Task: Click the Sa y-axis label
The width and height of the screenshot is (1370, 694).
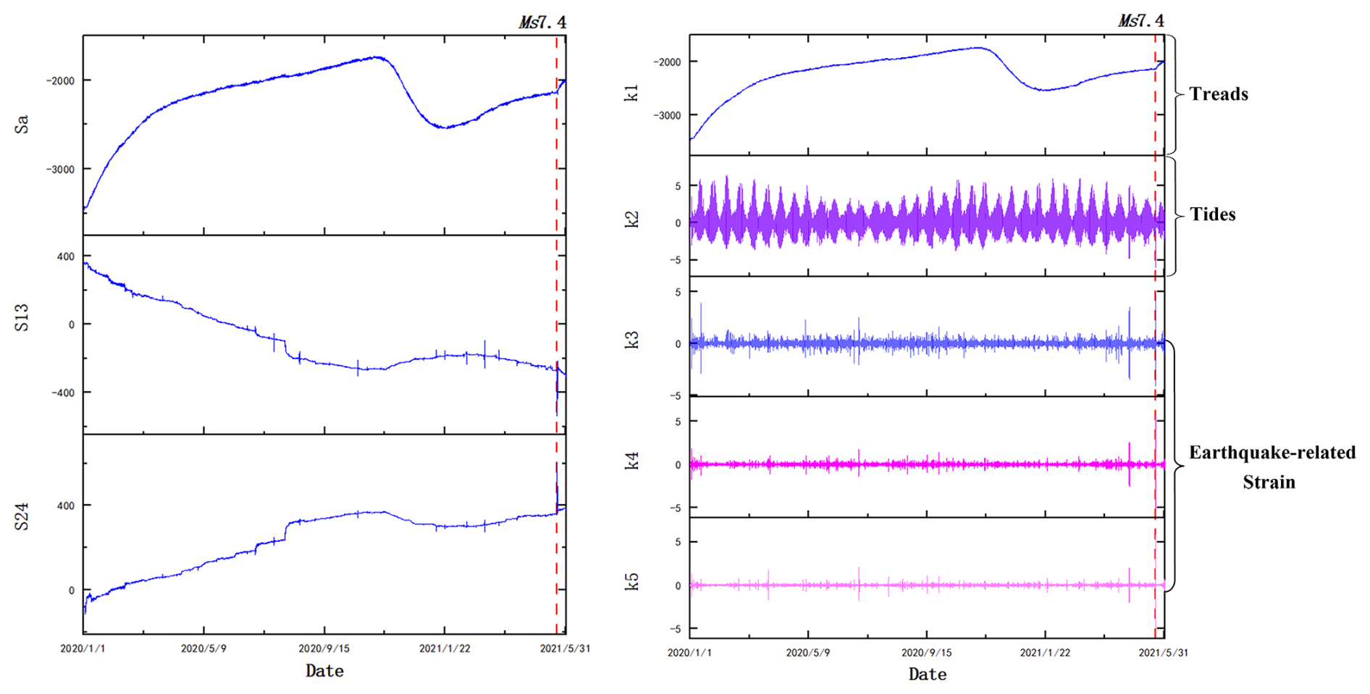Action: [x=22, y=125]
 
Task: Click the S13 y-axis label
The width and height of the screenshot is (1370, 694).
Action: [x=22, y=318]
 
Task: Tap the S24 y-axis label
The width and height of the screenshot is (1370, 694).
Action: [x=22, y=517]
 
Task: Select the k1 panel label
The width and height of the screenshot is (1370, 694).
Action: [x=631, y=92]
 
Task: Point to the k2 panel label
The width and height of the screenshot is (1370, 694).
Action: [x=631, y=219]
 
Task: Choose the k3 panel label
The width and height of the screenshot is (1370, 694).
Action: [x=631, y=340]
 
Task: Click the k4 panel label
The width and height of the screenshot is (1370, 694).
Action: [x=631, y=461]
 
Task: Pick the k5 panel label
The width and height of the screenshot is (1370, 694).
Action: [x=631, y=581]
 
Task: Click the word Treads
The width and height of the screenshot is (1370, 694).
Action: [x=1219, y=94]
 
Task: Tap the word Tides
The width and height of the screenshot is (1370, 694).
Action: [x=1212, y=214]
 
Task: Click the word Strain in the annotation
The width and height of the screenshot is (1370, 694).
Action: [x=1269, y=482]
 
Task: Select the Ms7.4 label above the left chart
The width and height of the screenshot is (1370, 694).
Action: [x=542, y=22]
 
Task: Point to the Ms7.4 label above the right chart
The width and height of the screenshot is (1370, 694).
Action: [x=1141, y=21]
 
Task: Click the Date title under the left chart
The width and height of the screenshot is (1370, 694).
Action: [x=324, y=671]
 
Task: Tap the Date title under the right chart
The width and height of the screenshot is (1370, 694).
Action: [x=928, y=674]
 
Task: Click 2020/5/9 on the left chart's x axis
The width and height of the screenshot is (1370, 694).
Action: [x=203, y=648]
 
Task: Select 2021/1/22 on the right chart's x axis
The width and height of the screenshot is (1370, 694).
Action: [x=1045, y=653]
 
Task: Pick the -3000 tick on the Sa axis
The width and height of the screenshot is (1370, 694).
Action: [x=61, y=170]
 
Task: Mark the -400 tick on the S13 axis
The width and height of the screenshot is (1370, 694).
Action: [x=62, y=393]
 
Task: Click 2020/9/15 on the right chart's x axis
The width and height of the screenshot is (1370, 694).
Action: [x=926, y=653]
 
